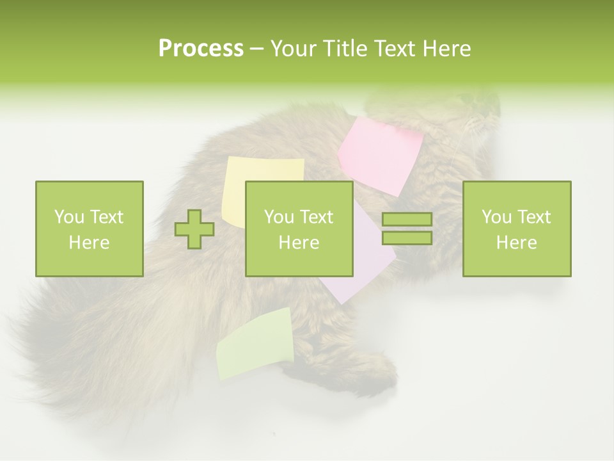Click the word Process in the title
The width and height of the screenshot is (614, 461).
coord(201,49)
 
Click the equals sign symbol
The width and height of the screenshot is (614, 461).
coord(407,229)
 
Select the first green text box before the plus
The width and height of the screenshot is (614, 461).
coord(89,229)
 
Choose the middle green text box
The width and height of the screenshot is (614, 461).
coord(299,229)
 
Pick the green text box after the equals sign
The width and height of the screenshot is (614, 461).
coord(516,229)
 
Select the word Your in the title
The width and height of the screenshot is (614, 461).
coord(291,49)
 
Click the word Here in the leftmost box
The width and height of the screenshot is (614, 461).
coord(89,243)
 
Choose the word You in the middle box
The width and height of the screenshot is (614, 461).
coord(279,217)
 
